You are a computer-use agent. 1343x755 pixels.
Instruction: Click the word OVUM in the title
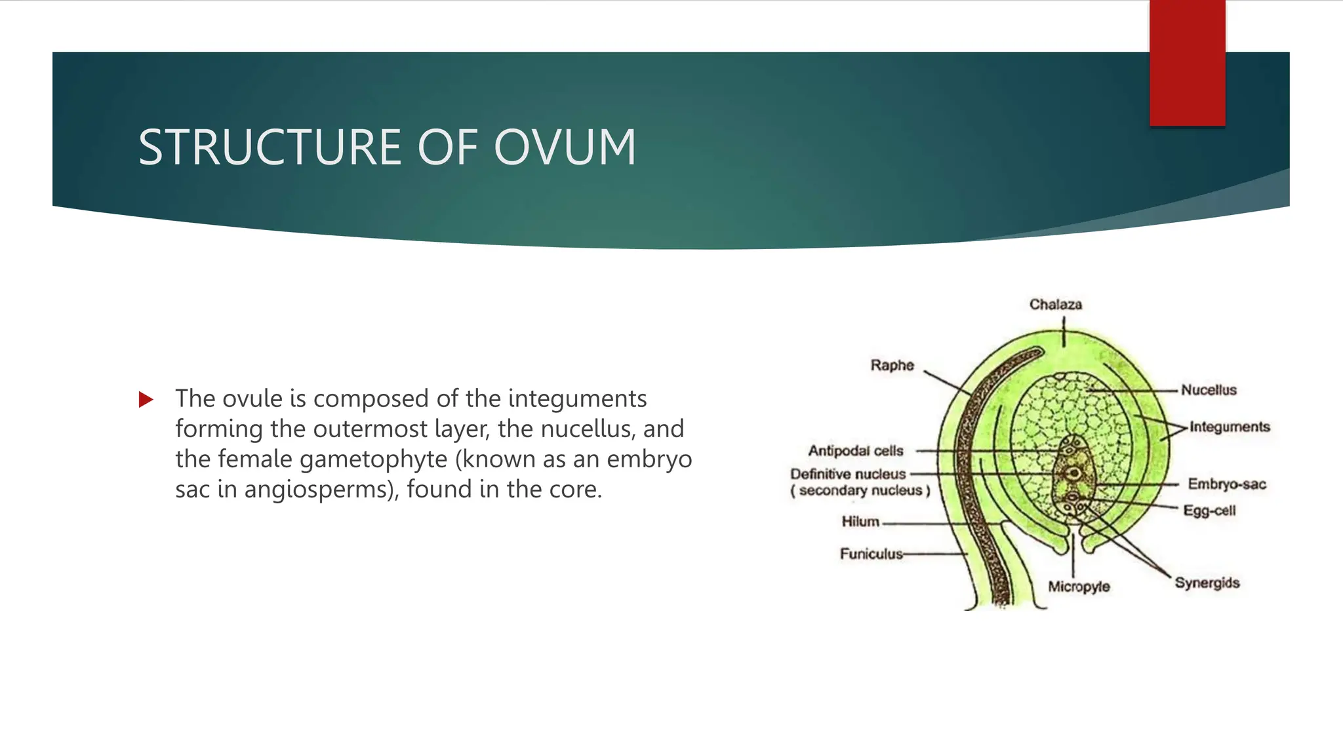(565, 147)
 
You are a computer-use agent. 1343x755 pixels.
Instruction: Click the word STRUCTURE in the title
(269, 147)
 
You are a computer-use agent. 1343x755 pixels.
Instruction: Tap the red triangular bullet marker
(146, 399)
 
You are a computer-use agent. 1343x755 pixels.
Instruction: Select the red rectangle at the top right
(1187, 62)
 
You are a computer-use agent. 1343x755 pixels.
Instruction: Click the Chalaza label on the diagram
(1055, 305)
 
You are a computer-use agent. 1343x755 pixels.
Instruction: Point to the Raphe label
(892, 365)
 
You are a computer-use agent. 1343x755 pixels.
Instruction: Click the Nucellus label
(1209, 390)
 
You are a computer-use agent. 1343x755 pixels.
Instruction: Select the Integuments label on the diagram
(1230, 427)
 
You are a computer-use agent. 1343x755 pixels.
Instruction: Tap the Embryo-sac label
(1226, 484)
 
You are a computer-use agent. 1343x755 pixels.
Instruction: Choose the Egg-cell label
(1209, 511)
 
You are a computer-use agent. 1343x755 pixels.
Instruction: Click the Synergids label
(1207, 583)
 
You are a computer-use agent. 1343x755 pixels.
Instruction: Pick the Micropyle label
(1079, 587)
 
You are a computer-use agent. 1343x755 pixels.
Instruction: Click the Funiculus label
(871, 554)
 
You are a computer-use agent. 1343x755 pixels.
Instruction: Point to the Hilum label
(860, 522)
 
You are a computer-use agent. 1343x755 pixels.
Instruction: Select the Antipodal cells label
(855, 451)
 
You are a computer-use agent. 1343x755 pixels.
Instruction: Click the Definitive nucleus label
(848, 474)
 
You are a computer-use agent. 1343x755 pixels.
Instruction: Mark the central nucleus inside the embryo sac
(1073, 473)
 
